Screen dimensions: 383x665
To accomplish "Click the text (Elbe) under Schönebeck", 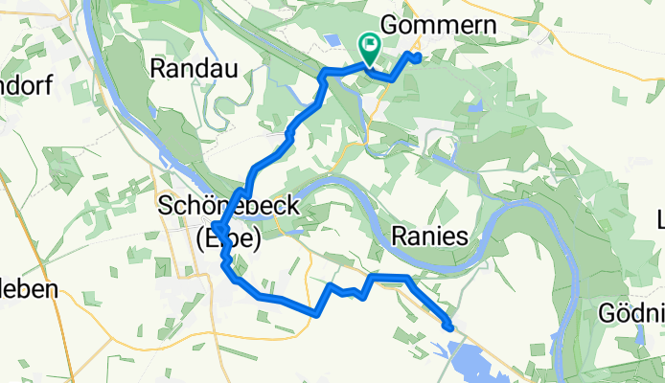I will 227,240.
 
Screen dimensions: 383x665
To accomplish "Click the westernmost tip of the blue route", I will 216,229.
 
